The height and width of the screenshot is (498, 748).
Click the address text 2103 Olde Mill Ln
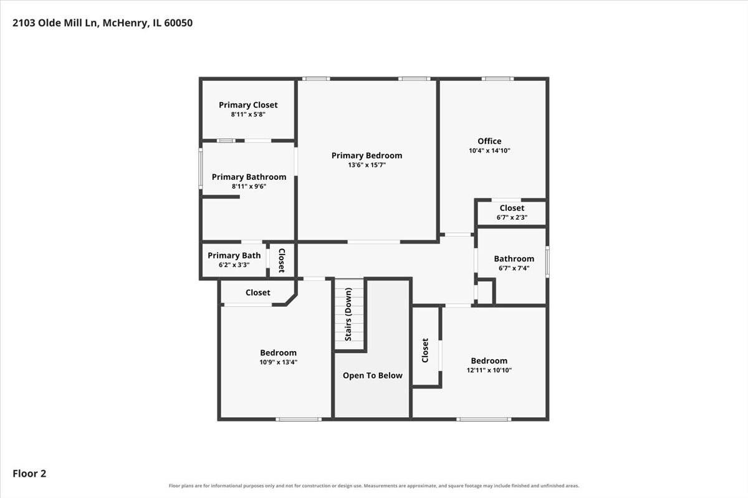click(55, 23)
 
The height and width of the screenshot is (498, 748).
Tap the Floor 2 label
click(29, 473)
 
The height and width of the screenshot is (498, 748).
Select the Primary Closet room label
click(248, 105)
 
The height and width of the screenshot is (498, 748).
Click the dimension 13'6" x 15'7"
click(367, 165)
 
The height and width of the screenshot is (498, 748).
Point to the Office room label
click(489, 141)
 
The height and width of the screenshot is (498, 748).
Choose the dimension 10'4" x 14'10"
click(489, 151)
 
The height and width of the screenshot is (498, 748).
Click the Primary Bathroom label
click(249, 177)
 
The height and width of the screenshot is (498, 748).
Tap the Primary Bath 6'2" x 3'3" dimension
click(234, 265)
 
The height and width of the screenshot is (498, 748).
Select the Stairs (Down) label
click(348, 314)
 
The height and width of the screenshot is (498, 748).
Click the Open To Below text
click(372, 375)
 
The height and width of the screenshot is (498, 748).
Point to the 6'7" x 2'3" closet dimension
click(512, 217)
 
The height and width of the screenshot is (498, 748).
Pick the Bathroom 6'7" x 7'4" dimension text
click(514, 268)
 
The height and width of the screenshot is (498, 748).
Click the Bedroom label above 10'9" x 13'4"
click(278, 352)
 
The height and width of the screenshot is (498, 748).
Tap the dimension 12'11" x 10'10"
click(489, 370)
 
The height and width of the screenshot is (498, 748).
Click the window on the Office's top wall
click(497, 78)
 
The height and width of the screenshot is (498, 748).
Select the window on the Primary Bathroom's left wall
click(201, 169)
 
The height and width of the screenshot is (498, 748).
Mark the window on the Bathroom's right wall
click(547, 262)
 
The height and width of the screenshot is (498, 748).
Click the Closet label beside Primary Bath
click(282, 260)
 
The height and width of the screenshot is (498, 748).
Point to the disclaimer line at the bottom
click(373, 486)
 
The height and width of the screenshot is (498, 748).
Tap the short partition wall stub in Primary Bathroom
click(221, 197)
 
